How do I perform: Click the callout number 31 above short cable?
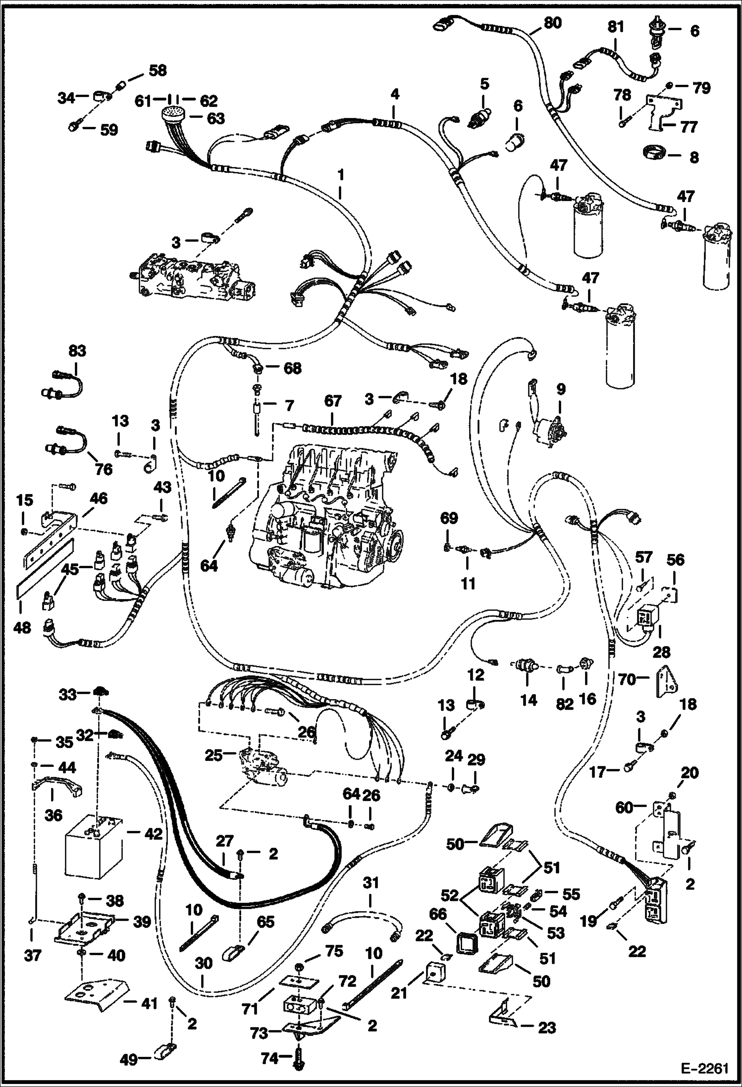click(371, 882)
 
